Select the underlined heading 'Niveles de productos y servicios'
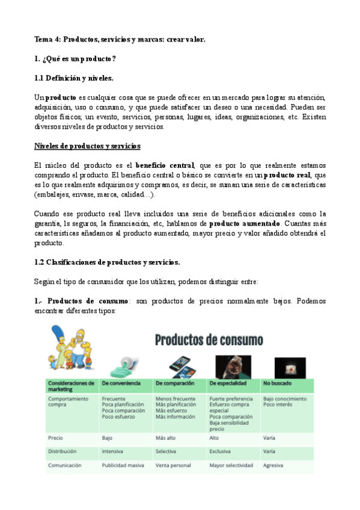87,146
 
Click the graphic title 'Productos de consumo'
209,340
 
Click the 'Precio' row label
56,438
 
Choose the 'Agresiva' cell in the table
274,465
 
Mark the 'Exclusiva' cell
220,451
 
